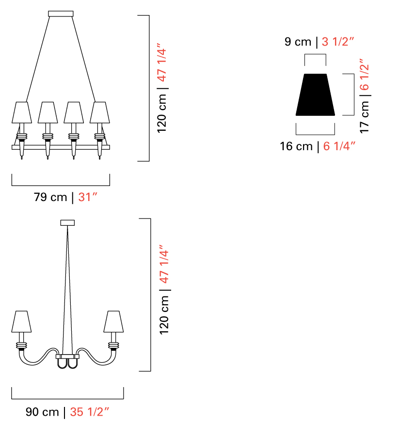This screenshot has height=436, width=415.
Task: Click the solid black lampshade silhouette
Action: (x=315, y=94)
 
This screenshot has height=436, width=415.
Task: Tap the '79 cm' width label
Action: (x=50, y=197)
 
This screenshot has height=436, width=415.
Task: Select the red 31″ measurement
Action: (x=88, y=197)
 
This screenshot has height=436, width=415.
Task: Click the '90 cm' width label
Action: (x=42, y=412)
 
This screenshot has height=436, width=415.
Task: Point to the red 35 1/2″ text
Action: (x=89, y=412)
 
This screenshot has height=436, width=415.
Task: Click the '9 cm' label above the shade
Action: (x=298, y=42)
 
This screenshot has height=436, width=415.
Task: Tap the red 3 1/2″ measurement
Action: (x=337, y=42)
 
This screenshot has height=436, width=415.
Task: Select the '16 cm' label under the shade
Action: (x=296, y=146)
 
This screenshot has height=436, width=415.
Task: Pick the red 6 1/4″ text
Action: (x=339, y=146)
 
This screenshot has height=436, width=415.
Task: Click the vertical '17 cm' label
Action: (x=365, y=117)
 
